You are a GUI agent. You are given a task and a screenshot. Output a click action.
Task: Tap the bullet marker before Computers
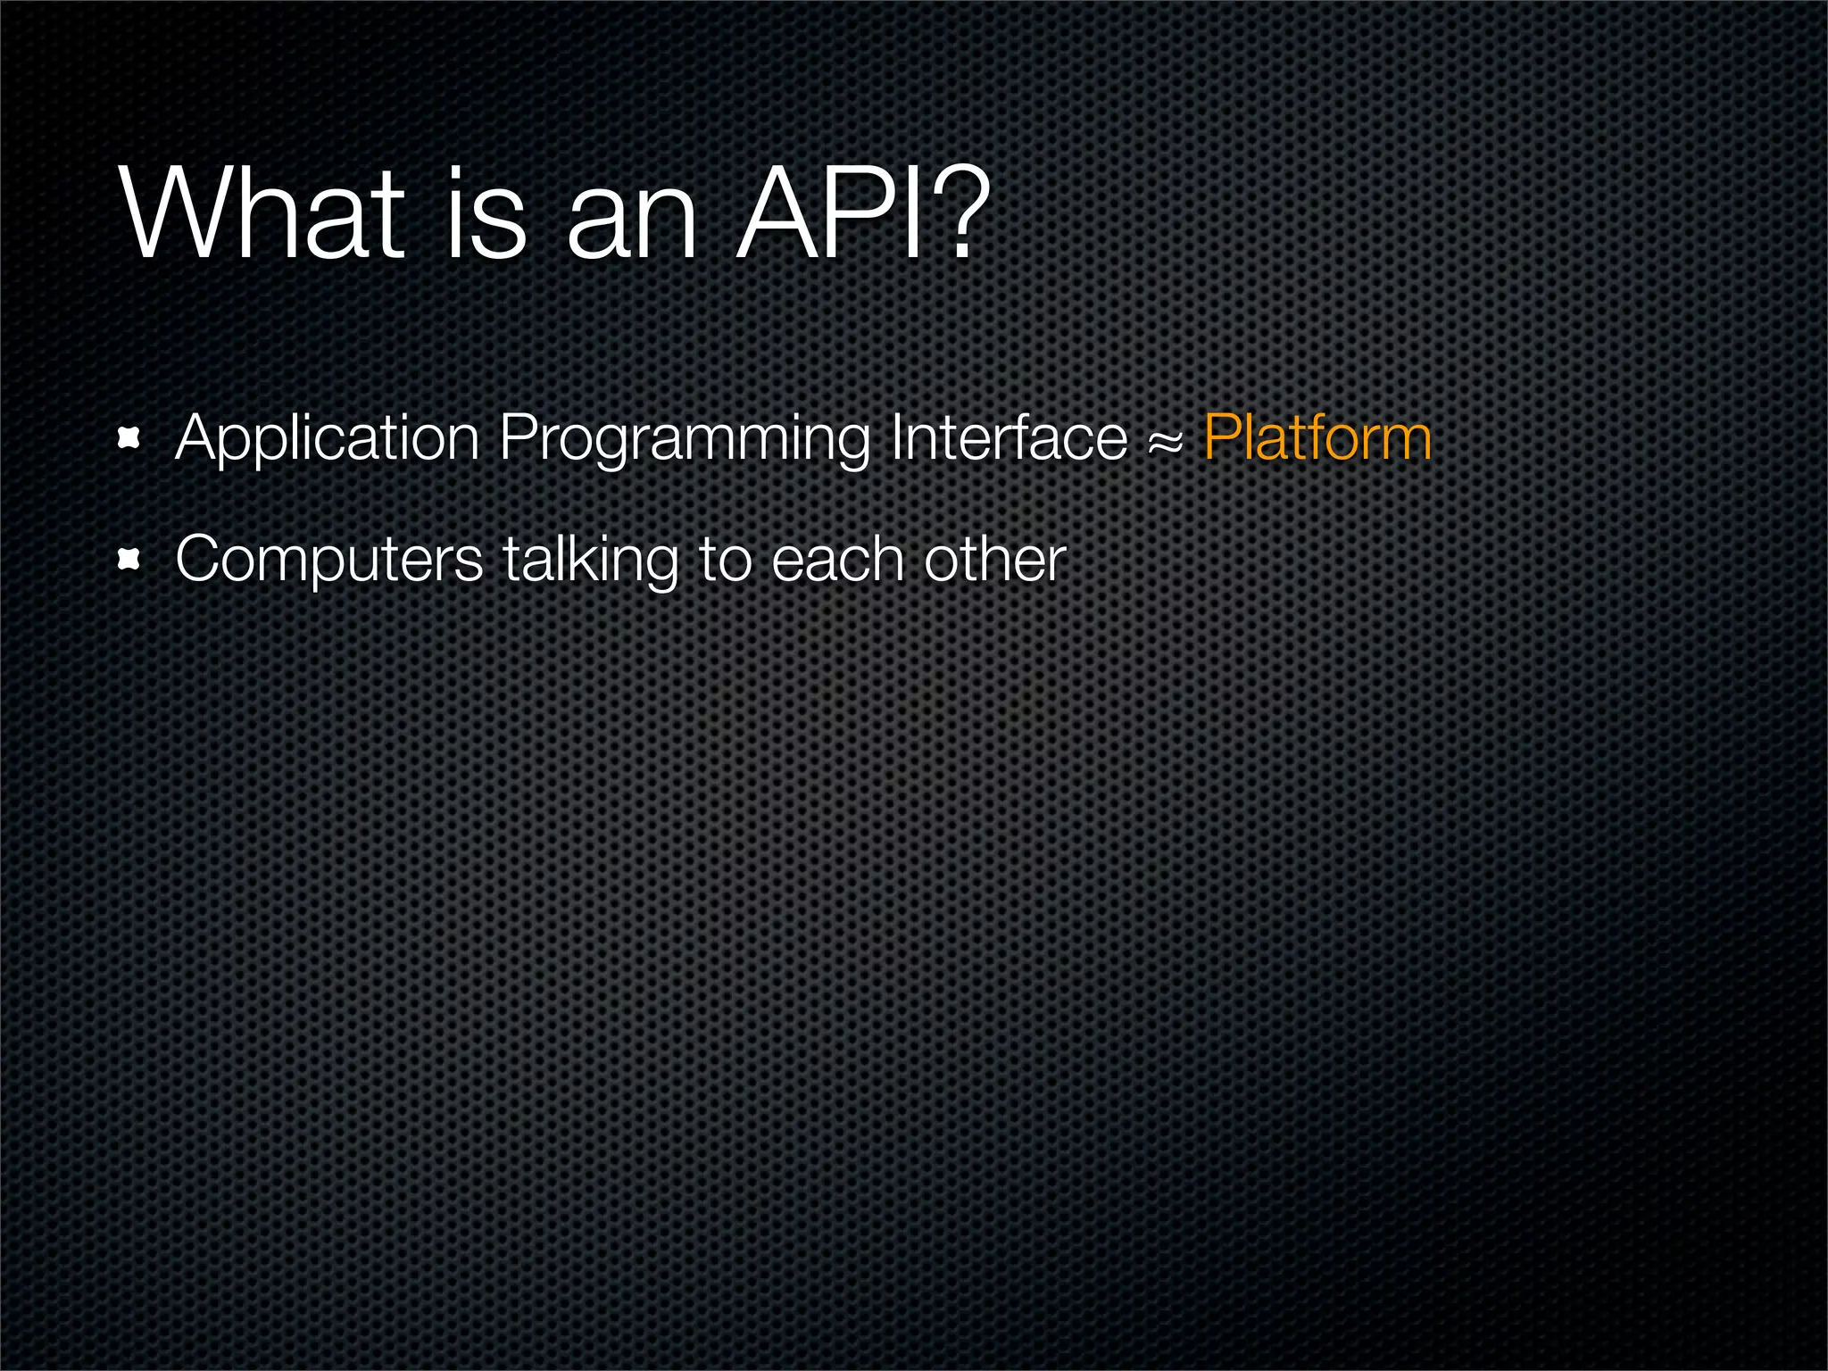coord(130,560)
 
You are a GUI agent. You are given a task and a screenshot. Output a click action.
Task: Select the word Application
coord(328,439)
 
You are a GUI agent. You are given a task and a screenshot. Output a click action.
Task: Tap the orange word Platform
coord(1317,439)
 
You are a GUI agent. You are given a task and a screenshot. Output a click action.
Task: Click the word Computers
coord(329,561)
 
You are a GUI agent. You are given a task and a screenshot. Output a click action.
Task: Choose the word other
coord(994,560)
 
